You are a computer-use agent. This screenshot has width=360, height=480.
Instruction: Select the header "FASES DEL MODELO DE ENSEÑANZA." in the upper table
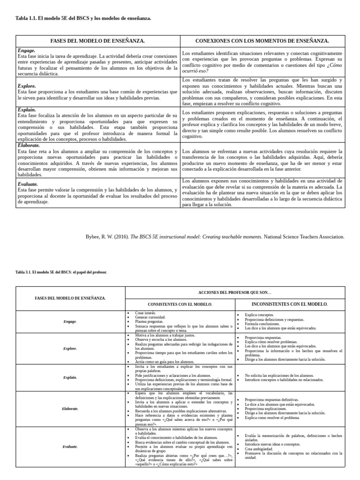click(97, 41)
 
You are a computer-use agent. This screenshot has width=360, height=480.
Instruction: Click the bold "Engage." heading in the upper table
click(26, 50)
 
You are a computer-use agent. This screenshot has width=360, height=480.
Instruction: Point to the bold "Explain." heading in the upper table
click(27, 109)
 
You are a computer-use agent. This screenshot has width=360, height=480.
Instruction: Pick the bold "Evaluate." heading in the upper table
click(28, 184)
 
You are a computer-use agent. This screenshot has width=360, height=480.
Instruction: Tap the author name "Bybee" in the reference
click(93, 237)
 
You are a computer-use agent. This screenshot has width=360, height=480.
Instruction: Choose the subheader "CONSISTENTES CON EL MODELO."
click(180, 304)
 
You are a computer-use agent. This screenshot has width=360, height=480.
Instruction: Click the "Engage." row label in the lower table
click(70, 322)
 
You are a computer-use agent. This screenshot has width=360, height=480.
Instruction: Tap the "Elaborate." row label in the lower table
click(70, 409)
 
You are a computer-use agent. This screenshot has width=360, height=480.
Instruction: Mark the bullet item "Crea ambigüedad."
click(258, 449)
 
